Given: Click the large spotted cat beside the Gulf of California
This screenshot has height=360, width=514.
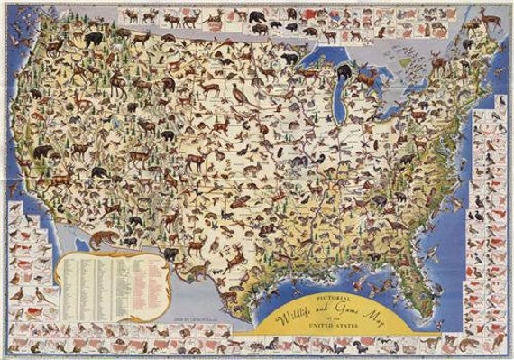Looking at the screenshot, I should (104, 238).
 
